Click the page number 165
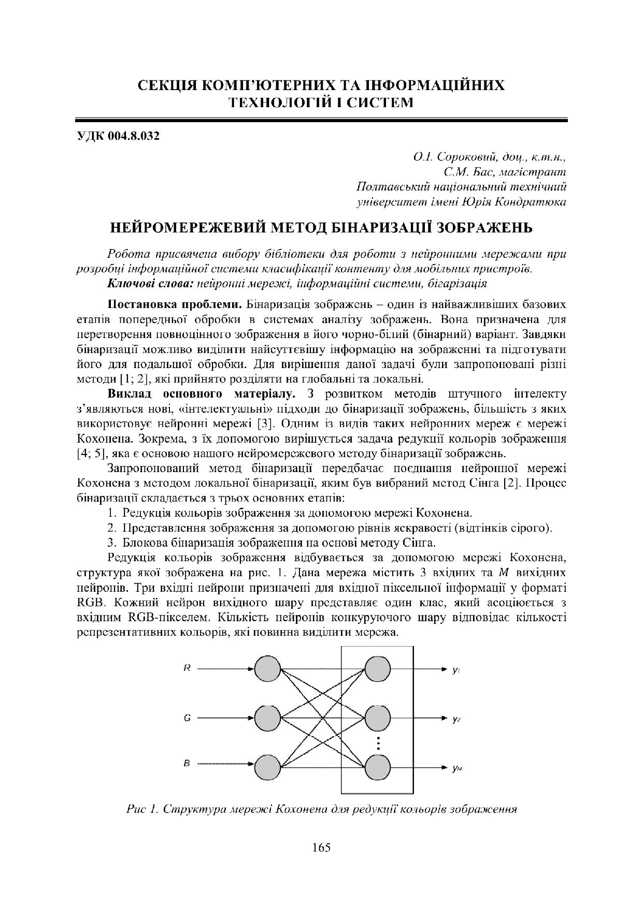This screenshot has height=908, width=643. [x=321, y=848]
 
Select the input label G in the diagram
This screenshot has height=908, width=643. [x=187, y=718]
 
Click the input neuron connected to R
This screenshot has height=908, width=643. [x=268, y=669]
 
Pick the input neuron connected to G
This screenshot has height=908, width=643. [x=268, y=718]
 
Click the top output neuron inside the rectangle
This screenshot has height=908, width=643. [x=377, y=669]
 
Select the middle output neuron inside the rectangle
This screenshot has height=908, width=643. [x=377, y=718]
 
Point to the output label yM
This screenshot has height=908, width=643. [x=456, y=769]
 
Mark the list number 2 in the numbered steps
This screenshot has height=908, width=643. [x=111, y=529]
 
